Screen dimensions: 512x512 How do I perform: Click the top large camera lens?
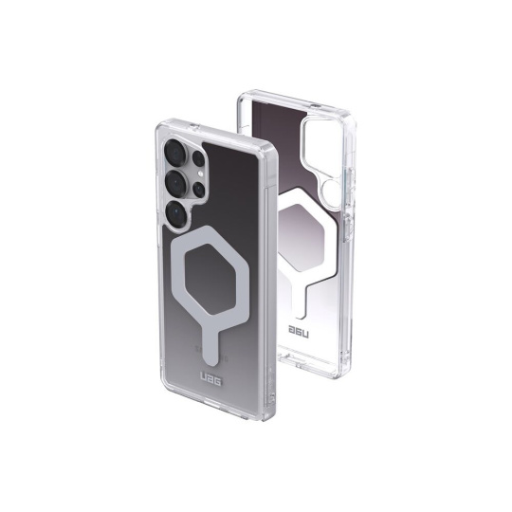point(175,151)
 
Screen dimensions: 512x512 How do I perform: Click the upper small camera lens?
point(198,158)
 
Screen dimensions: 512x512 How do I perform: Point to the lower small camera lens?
point(199,189)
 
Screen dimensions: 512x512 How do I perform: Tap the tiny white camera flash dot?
point(201,174)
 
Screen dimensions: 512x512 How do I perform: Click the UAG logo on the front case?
point(210,381)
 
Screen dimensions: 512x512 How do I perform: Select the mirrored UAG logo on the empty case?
point(299,331)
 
